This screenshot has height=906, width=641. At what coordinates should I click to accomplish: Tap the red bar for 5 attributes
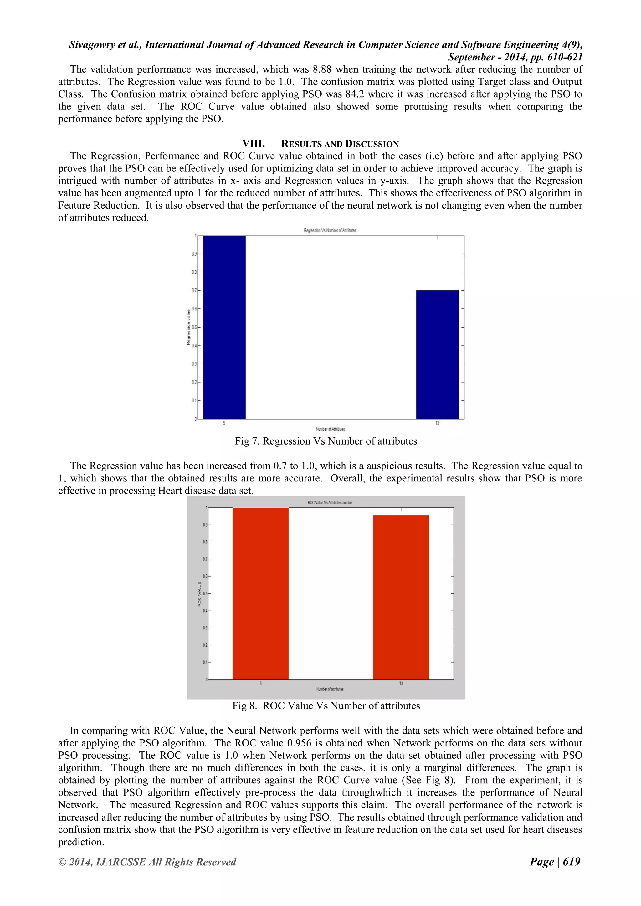point(260,593)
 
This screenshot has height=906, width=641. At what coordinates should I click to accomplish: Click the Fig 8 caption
point(326,705)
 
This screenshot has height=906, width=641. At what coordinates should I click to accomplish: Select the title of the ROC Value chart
point(330,503)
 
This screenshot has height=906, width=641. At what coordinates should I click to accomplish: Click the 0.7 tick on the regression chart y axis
point(194,290)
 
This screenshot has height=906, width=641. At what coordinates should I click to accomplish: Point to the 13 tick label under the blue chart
point(437,423)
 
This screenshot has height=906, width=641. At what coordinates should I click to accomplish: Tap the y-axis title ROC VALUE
point(199,594)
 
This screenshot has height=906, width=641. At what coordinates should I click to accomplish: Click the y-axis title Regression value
point(188,327)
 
